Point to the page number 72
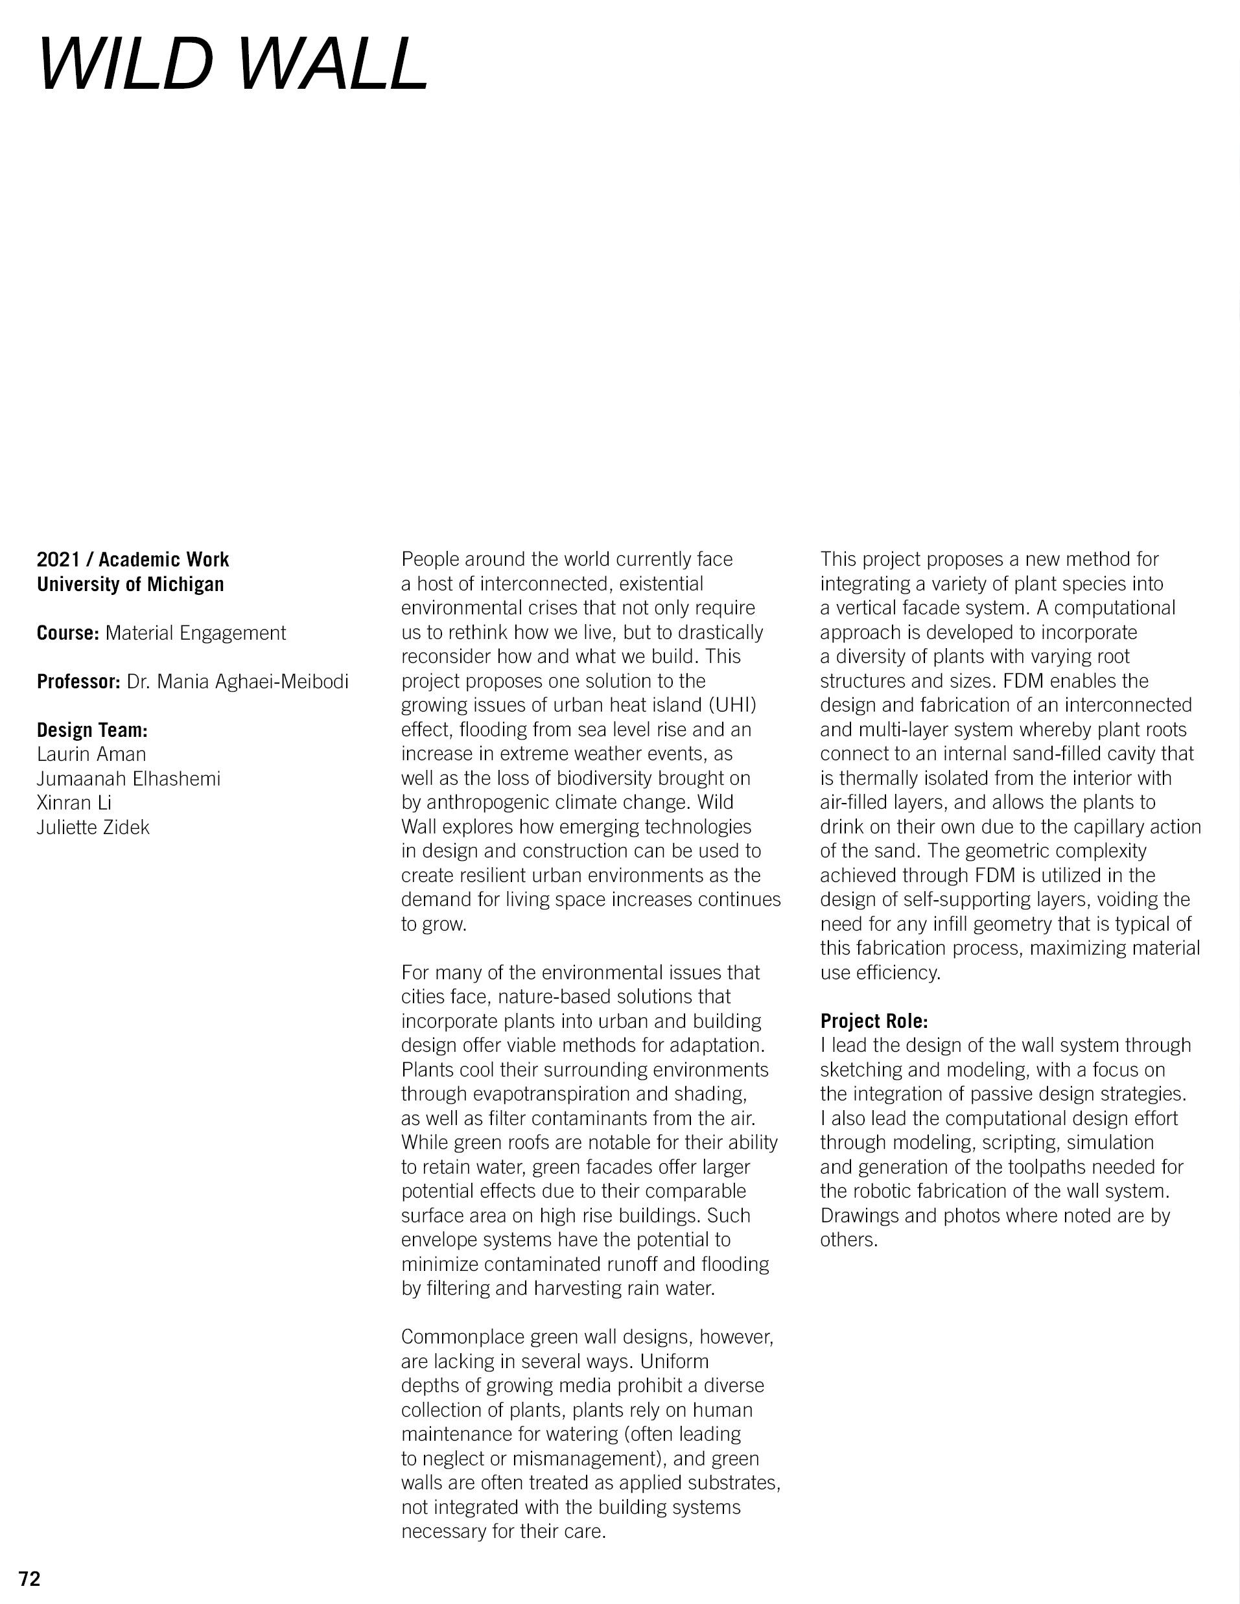click(30, 1578)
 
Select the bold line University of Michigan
click(130, 585)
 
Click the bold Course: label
click(67, 633)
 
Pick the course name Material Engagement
click(195, 633)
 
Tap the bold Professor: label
click(78, 682)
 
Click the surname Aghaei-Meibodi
click(281, 682)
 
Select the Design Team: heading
click(93, 730)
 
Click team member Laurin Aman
click(91, 754)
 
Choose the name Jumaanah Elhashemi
click(128, 778)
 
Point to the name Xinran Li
click(74, 803)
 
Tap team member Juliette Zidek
click(93, 828)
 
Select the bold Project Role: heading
click(874, 1021)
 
